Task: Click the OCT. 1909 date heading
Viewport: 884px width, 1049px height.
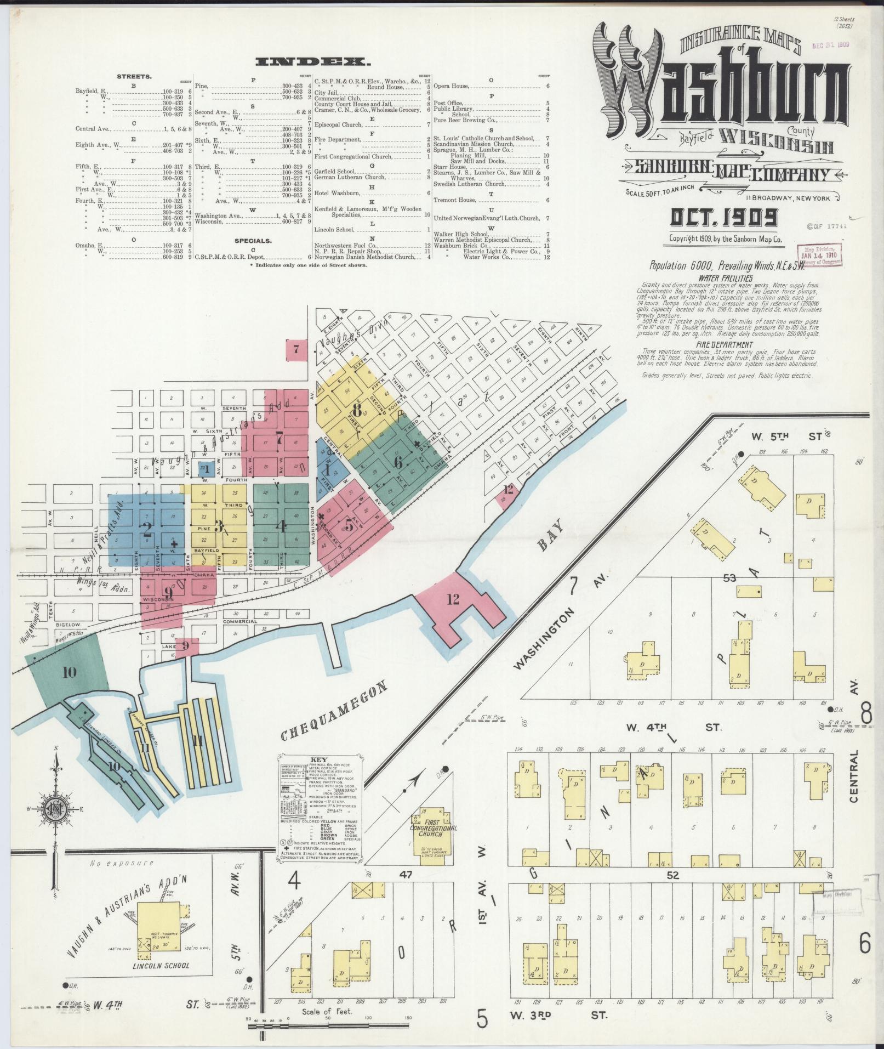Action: pyautogui.click(x=723, y=218)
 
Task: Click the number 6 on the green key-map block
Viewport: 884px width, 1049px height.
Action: pyautogui.click(x=397, y=462)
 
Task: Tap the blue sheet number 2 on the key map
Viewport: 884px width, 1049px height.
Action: pyautogui.click(x=146, y=529)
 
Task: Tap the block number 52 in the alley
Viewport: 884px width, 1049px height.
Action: pyautogui.click(x=673, y=876)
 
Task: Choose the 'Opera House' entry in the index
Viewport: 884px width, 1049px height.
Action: pyautogui.click(x=451, y=86)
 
